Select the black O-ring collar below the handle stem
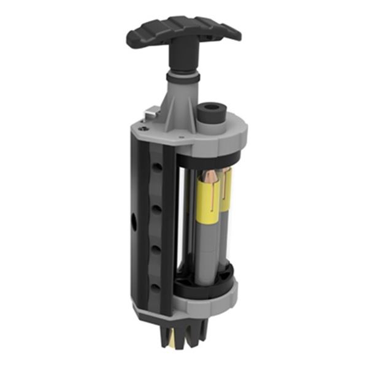[x=182, y=77]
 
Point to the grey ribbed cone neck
[x=178, y=101]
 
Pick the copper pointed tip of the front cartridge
[x=210, y=178]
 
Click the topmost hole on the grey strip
[x=158, y=167]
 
